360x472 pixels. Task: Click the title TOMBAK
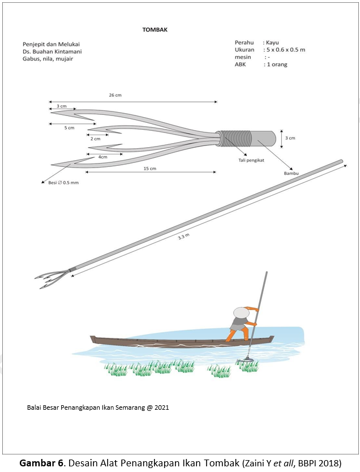155,29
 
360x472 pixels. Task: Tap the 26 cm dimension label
115,95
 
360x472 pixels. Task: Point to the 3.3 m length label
183,237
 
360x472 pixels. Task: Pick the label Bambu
291,173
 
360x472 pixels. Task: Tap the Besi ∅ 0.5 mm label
63,182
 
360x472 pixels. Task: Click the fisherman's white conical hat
242,313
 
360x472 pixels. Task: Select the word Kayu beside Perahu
272,42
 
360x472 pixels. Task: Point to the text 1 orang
276,65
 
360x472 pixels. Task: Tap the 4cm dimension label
103,157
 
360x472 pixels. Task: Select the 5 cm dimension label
69,128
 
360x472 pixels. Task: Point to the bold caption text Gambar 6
41,463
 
